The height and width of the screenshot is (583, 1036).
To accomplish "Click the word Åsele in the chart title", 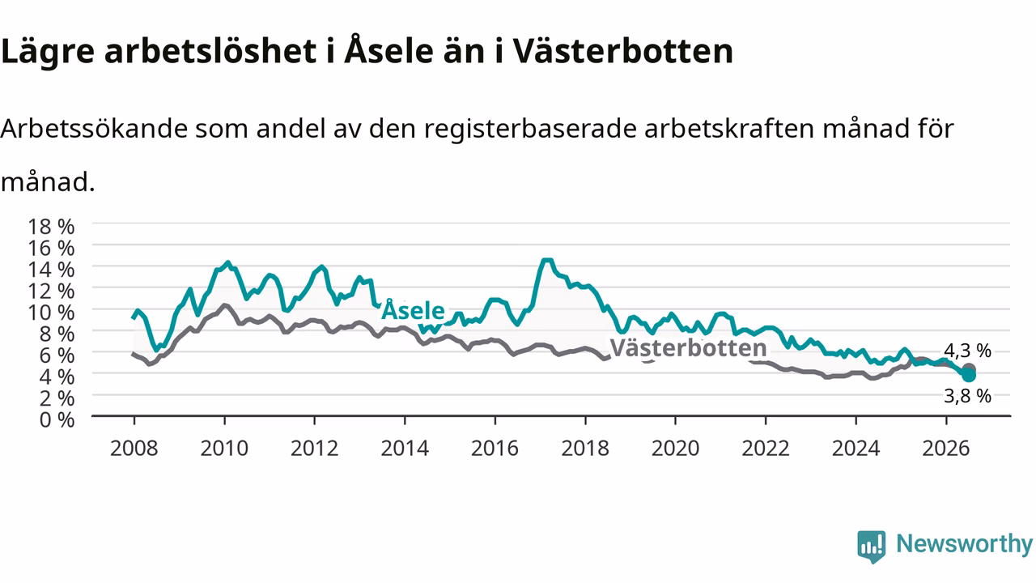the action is pos(389,49).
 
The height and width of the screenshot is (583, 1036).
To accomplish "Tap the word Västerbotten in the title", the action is pos(623,50).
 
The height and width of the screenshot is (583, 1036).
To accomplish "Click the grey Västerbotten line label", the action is pos(688,347).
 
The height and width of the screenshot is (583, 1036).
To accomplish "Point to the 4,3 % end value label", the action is pos(967,351).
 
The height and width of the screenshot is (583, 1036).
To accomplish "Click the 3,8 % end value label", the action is pos(967,396).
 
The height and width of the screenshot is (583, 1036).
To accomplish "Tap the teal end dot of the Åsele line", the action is pos(969,375).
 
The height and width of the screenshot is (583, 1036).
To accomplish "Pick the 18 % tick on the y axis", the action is pos(51,227).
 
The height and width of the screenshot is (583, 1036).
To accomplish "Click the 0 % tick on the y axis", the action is pos(57,420).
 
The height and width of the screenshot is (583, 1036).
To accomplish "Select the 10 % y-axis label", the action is pos(51,313).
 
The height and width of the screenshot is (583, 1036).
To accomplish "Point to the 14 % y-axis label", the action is pos(51,270).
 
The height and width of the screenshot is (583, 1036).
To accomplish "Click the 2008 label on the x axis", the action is pos(134,449).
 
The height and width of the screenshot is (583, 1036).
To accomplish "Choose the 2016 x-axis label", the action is pos(495,449).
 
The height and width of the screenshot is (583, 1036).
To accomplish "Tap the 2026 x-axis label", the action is pos(946,449).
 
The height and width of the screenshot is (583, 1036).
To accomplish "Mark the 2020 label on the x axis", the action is pos(675,449).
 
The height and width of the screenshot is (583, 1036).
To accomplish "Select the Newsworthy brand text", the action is pos(965,543).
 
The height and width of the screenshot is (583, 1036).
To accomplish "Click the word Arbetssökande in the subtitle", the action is pos(94,128).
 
